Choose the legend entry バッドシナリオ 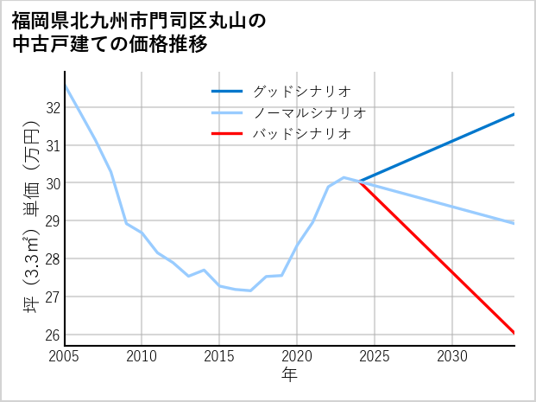pyautogui.click(x=301, y=134)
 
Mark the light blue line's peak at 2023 pyautogui.click(x=344, y=177)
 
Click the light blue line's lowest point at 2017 pyautogui.click(x=250, y=290)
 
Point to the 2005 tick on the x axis pyautogui.click(x=65, y=355)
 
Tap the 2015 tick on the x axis pyautogui.click(x=220, y=355)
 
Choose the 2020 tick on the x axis pyautogui.click(x=298, y=355)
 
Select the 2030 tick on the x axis pyautogui.click(x=452, y=355)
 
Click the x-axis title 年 pyautogui.click(x=290, y=374)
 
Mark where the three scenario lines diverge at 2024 pyautogui.click(x=359, y=182)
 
